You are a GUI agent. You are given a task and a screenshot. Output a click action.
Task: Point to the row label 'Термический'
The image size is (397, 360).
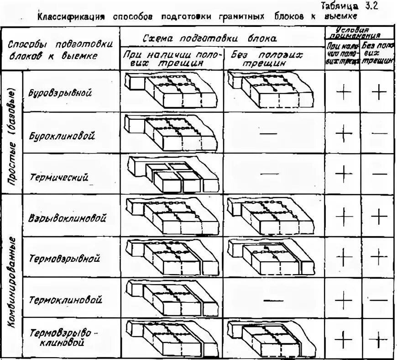pos(60,177)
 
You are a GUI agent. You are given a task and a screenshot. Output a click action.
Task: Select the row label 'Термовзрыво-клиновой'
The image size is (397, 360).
pos(63,337)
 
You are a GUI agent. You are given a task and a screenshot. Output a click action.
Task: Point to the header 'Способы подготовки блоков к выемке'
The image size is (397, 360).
pos(60,51)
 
